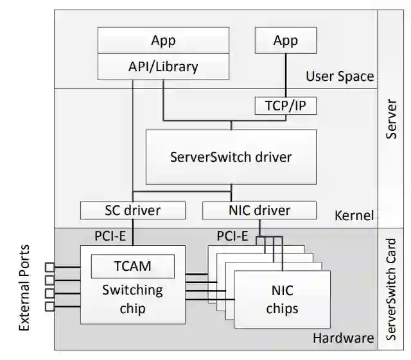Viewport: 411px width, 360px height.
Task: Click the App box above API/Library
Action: pyautogui.click(x=163, y=41)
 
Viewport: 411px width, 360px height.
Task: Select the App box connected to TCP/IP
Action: pyautogui.click(x=285, y=41)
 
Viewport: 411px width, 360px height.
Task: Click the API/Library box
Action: pyautogui.click(x=163, y=66)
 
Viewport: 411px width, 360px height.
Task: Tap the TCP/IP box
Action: pyautogui.click(x=285, y=105)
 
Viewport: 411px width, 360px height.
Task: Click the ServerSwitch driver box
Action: pyautogui.click(x=231, y=157)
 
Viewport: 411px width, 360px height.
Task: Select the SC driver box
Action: pyautogui.click(x=132, y=210)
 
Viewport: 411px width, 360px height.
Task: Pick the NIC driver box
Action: pyautogui.click(x=259, y=210)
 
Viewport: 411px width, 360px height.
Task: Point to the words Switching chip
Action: pyautogui.click(x=132, y=299)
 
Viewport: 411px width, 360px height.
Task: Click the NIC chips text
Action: pyautogui.click(x=281, y=299)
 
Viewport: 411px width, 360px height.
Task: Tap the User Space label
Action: pyautogui.click(x=339, y=76)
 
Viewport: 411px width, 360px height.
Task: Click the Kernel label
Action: pyautogui.click(x=354, y=215)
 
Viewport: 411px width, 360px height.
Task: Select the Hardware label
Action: pyautogui.click(x=344, y=338)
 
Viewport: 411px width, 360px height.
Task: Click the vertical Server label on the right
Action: pyautogui.click(x=392, y=119)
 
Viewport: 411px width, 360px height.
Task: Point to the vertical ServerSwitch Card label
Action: pyautogui.click(x=392, y=289)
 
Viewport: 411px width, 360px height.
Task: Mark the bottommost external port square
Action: pyautogui.click(x=49, y=307)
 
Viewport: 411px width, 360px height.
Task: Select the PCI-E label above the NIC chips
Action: pyautogui.click(x=232, y=236)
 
